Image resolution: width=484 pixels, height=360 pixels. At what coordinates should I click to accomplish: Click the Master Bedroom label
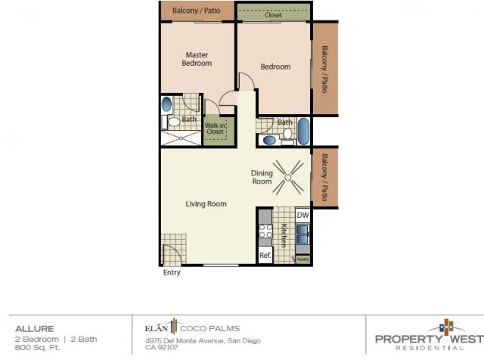[x=197, y=59]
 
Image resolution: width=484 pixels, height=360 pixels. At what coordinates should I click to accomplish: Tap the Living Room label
[x=206, y=203]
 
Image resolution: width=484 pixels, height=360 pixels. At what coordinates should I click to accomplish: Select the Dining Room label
[x=262, y=177]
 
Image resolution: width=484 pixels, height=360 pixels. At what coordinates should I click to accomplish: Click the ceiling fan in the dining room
[x=288, y=178]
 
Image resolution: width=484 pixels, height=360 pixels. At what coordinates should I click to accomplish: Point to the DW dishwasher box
[x=302, y=216]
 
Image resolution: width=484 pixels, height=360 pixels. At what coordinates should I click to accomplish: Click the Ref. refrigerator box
[x=265, y=256]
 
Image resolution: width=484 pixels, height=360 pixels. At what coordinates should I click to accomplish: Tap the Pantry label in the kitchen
[x=302, y=259]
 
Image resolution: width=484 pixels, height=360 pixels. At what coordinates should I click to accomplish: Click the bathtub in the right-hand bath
[x=303, y=132]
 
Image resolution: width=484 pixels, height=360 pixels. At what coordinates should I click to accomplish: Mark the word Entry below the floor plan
[x=172, y=273]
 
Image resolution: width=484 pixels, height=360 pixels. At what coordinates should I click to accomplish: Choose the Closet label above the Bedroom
[x=273, y=14]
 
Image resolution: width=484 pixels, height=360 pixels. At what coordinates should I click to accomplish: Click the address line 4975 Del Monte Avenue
[x=203, y=340]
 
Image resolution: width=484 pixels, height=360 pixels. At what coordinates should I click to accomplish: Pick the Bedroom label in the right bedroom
[x=275, y=67]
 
